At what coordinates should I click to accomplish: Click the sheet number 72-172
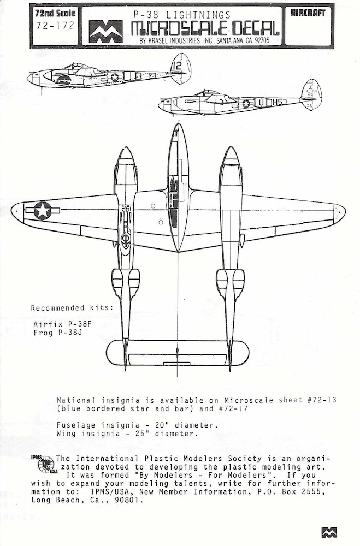55,26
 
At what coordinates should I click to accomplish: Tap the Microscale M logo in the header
105,32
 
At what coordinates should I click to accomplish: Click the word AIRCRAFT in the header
308,13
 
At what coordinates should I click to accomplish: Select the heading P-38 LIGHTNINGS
182,15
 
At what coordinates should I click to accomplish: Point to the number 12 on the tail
177,66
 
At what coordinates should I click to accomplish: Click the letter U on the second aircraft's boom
261,103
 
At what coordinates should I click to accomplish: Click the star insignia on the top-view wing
43,211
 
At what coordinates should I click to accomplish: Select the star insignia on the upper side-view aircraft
115,76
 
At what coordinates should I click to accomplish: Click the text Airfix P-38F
62,324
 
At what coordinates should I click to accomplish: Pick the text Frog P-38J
58,333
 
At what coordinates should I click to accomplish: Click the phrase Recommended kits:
72,308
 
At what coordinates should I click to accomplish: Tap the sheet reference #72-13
322,400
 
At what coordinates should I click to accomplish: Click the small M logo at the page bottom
329,532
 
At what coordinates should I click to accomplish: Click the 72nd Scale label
55,13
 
